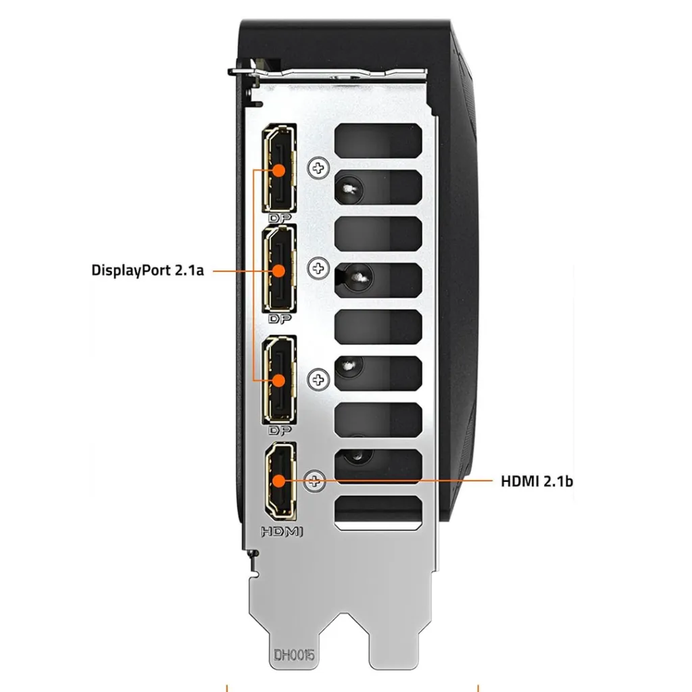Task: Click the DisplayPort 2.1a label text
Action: click(147, 270)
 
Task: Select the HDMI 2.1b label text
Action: click(537, 481)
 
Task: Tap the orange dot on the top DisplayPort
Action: click(279, 170)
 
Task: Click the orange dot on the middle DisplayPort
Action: click(279, 271)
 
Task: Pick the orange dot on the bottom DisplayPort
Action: click(279, 380)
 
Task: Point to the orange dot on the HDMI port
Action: click(279, 480)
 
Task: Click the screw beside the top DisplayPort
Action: click(318, 168)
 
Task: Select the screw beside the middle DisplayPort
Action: click(318, 268)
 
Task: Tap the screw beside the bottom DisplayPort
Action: click(318, 380)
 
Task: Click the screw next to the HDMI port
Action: click(315, 480)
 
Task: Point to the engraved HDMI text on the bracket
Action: click(282, 532)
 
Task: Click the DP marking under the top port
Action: click(280, 218)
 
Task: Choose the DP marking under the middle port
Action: click(280, 319)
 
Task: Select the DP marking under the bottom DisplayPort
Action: click(280, 430)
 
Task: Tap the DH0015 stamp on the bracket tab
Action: click(295, 655)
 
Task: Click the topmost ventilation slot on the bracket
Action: click(378, 141)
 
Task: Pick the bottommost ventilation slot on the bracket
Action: click(378, 512)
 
